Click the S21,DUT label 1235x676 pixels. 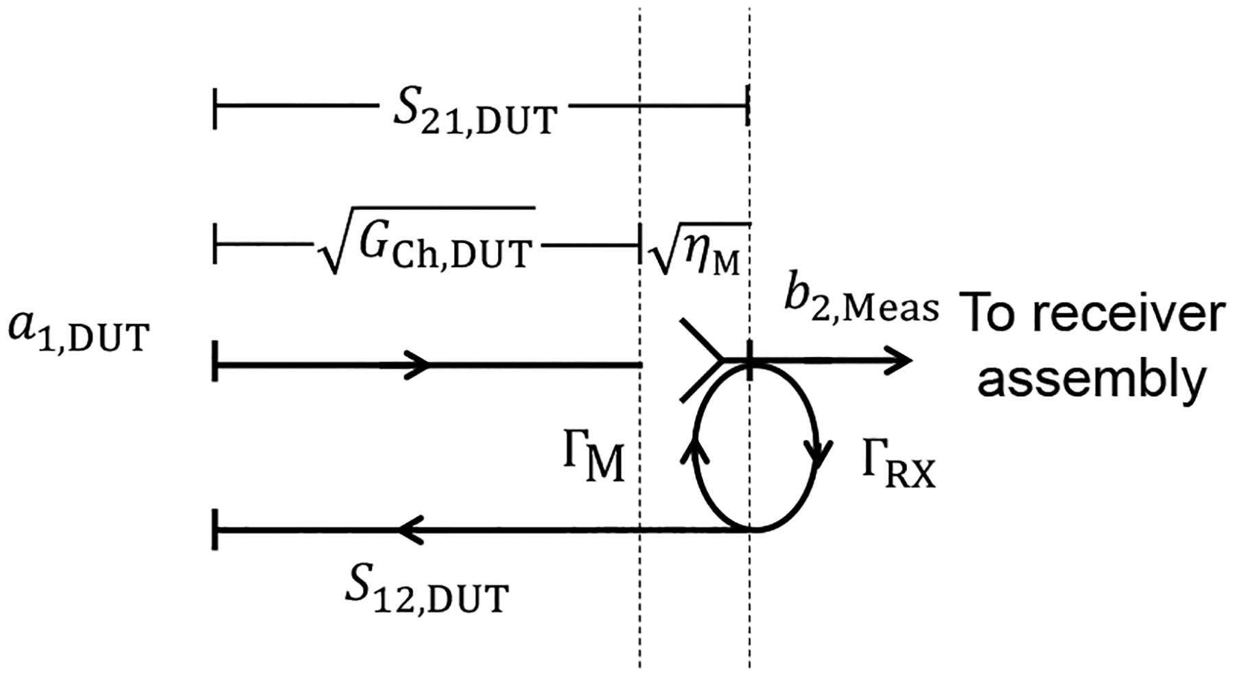473,112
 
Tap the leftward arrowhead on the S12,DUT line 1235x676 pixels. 410,530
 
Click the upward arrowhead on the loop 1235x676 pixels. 694,450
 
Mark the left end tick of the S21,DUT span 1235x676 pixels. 215,108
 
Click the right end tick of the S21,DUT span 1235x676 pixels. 748,108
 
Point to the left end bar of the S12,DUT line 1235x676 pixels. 215,530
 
